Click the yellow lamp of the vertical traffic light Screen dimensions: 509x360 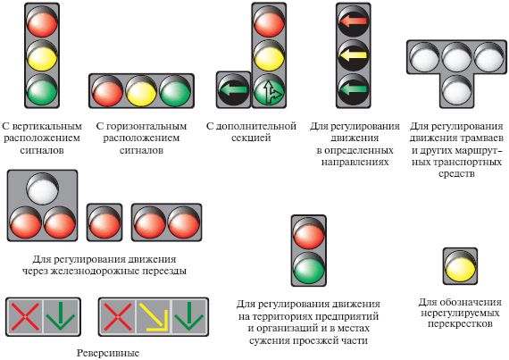coord(42,56)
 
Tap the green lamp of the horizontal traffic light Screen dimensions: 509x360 coord(175,91)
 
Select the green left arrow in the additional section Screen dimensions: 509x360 coord(233,90)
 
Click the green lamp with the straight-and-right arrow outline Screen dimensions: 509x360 coord(269,90)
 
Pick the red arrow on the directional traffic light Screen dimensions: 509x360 coord(353,21)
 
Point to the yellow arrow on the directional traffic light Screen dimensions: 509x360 coord(353,55)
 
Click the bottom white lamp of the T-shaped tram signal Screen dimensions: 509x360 coord(456,90)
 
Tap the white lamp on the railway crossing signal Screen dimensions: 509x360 coord(43,188)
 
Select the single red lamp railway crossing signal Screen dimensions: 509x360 coord(104,222)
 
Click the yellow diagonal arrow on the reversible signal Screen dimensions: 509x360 coord(154,317)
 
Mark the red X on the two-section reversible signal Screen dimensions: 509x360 coord(25,316)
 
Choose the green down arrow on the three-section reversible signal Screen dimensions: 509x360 coord(189,316)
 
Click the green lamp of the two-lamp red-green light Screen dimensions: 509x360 coord(309,268)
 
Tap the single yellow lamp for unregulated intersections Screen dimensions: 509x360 coord(460,266)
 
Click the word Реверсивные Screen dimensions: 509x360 coord(108,353)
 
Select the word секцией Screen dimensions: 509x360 coord(251,138)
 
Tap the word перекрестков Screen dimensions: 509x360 coord(460,324)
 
